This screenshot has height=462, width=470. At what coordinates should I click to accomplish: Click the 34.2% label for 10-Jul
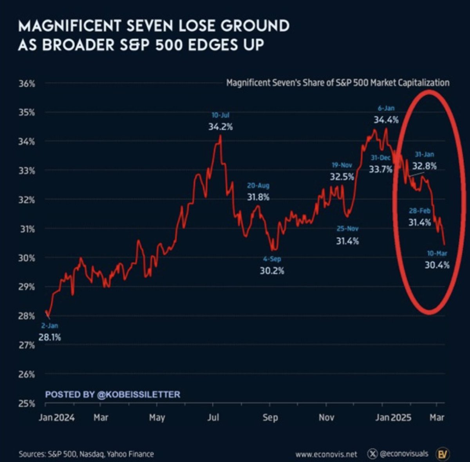(x=221, y=127)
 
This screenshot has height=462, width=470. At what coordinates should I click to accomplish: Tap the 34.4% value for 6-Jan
(x=386, y=120)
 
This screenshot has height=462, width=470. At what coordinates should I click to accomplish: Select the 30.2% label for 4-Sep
(x=272, y=271)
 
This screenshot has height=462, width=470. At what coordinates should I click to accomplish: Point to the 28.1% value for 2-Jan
(x=50, y=337)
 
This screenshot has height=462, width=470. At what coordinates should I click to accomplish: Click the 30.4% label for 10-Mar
(x=437, y=265)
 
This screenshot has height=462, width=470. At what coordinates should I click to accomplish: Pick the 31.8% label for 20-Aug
(x=258, y=197)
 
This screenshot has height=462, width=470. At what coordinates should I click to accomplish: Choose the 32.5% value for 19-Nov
(x=342, y=177)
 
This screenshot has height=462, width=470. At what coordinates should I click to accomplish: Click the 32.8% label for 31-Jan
(x=425, y=166)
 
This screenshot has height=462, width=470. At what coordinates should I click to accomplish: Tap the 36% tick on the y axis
(x=27, y=84)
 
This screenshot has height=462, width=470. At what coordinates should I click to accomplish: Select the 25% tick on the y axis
(x=27, y=403)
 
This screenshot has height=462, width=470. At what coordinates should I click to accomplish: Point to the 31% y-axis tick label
(x=27, y=229)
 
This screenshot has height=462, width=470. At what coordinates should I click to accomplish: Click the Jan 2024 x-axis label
(x=56, y=417)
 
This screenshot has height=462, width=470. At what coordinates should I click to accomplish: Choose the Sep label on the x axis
(x=270, y=417)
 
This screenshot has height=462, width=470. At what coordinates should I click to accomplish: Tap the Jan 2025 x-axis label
(x=393, y=417)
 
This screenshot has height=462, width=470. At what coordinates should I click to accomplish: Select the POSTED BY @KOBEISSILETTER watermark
(x=113, y=394)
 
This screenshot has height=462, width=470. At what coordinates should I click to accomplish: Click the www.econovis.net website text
(x=326, y=454)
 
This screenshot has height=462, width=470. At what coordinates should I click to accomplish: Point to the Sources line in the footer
(x=86, y=454)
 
